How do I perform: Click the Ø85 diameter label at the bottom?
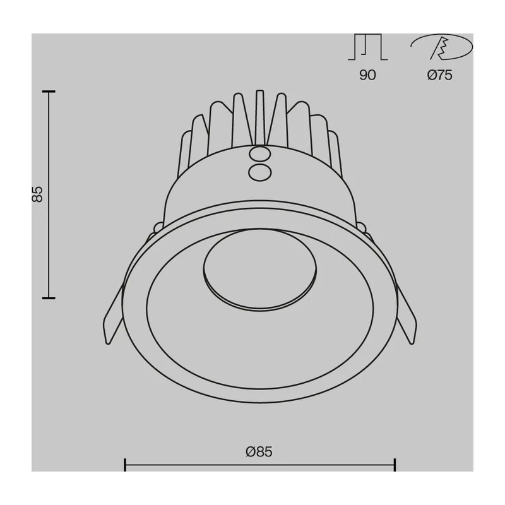point(259,451)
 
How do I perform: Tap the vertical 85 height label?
point(37,194)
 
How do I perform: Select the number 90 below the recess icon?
point(367,75)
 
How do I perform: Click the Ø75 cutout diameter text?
point(439,75)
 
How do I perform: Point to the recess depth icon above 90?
point(367,47)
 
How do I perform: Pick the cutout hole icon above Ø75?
point(441,47)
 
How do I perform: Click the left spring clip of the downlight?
point(113,315)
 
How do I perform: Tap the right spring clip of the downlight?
point(407,315)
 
